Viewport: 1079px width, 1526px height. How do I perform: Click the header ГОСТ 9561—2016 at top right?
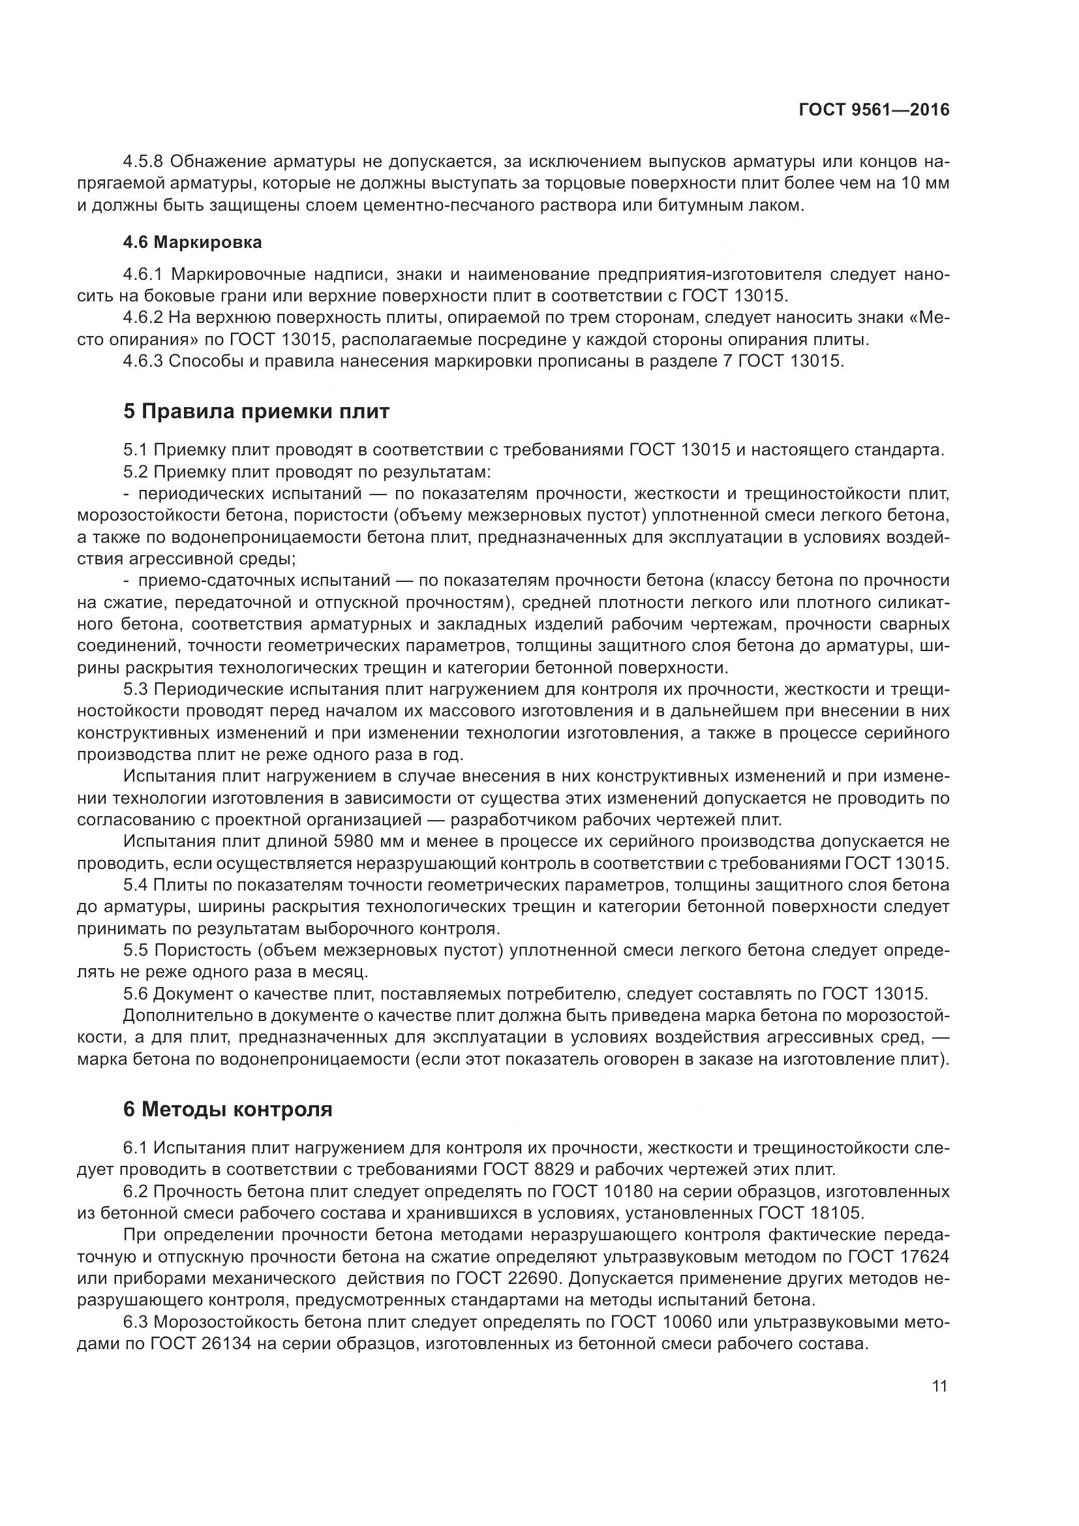874,111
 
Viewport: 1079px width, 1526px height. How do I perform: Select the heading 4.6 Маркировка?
192,243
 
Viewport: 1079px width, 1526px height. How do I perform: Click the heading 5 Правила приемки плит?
256,412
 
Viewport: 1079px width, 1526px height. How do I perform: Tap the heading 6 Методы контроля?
227,1109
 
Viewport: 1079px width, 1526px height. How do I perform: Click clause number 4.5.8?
144,162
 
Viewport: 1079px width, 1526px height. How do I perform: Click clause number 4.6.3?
144,361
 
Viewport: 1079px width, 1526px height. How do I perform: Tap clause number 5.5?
136,951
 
